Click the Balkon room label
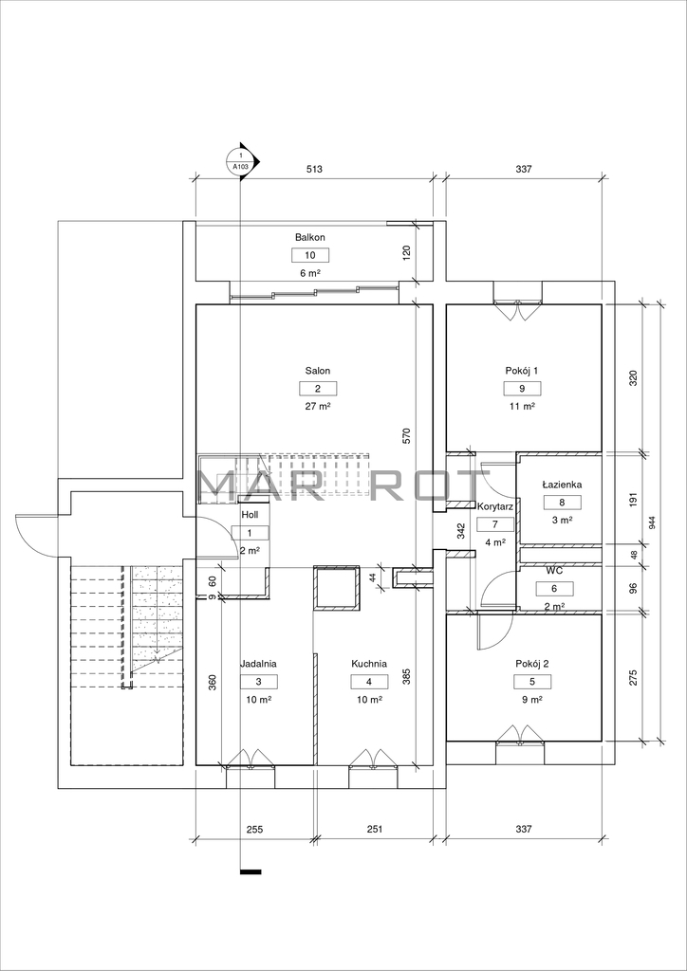(x=310, y=237)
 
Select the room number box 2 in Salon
(x=318, y=389)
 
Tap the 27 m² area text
(x=318, y=406)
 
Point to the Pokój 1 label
(x=522, y=371)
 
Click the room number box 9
(x=522, y=389)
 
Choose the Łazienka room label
(x=562, y=485)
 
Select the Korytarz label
(x=493, y=506)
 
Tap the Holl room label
(x=251, y=514)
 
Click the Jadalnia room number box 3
(x=258, y=682)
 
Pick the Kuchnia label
(x=369, y=663)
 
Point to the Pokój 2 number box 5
(x=532, y=682)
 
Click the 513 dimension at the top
(x=315, y=169)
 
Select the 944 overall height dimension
(x=652, y=522)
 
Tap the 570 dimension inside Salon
(x=406, y=436)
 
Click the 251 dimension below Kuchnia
(x=374, y=828)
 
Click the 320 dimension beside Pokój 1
(x=633, y=378)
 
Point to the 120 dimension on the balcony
(x=406, y=253)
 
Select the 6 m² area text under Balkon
(x=310, y=272)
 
